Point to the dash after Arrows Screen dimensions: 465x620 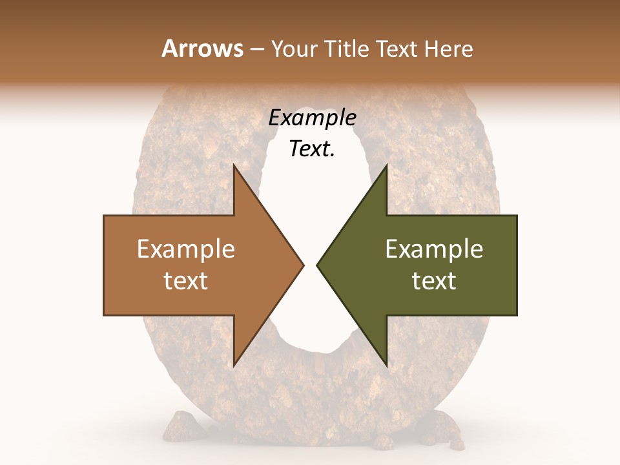(256, 50)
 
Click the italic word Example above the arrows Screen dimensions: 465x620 (312, 118)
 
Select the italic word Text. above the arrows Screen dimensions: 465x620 (312, 149)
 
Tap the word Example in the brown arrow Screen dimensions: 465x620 (185, 249)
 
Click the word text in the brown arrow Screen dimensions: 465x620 (185, 280)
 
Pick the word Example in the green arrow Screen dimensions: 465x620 (434, 249)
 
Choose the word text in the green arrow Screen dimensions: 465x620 (434, 280)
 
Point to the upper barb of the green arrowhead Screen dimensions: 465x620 (386, 169)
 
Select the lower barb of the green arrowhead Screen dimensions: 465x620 (386, 362)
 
